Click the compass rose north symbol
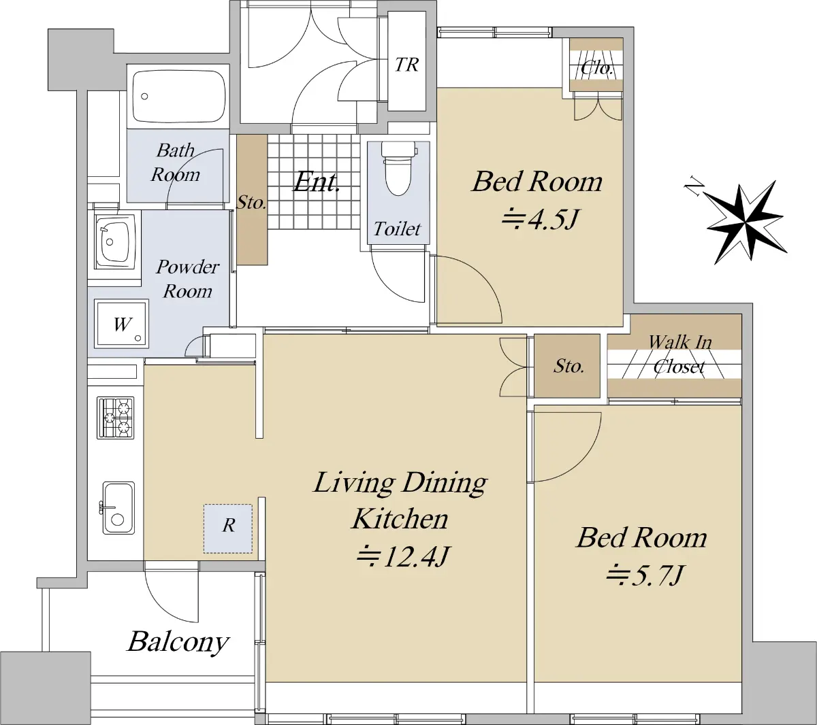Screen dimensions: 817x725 coord(744,221)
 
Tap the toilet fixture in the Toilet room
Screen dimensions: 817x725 coord(398,169)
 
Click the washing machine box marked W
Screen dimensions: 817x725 coord(121,324)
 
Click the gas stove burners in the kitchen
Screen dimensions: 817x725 coord(115,418)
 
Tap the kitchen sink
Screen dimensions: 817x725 coord(118,507)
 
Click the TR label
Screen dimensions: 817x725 coord(406,65)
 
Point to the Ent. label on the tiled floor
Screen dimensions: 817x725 coord(317,182)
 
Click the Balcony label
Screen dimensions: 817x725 coord(178,642)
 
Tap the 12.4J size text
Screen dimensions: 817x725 coord(403,557)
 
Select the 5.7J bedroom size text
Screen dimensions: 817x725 coord(645,575)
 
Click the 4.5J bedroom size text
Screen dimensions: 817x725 coord(541,220)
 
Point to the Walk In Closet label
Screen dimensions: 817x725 coord(679,354)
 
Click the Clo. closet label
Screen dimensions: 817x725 coord(597,69)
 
